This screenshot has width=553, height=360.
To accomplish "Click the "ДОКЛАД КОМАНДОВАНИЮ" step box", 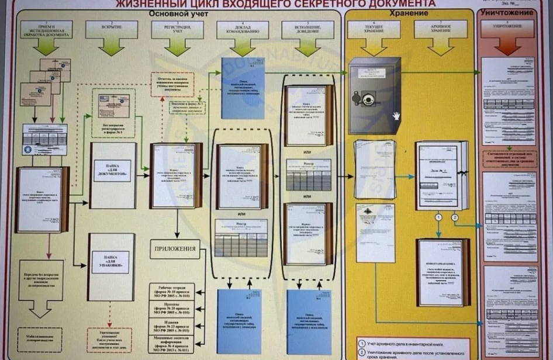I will coord(242,30).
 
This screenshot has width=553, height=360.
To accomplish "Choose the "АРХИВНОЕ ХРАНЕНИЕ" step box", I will coord(440,30).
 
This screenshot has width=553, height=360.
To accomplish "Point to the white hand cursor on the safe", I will coord(397,115).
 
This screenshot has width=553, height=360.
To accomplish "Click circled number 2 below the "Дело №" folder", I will coord(455,218).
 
